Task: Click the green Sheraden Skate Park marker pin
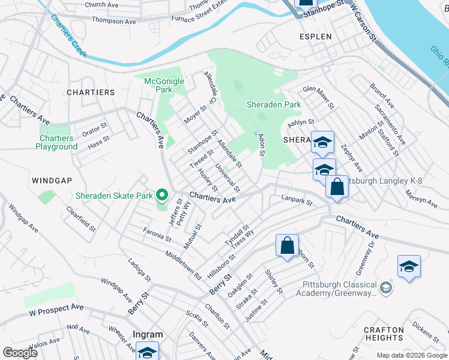[x=161, y=195]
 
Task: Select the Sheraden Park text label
[x=274, y=104]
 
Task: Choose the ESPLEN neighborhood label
[x=315, y=37]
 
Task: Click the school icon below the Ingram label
[x=147, y=352]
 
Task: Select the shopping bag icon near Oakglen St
[x=287, y=245]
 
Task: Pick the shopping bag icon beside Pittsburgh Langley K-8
[x=337, y=187]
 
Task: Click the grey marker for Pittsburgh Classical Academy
[x=385, y=289]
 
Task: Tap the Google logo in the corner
[x=20, y=352]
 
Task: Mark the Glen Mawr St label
[x=318, y=97]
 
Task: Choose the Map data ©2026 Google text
[x=411, y=355]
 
